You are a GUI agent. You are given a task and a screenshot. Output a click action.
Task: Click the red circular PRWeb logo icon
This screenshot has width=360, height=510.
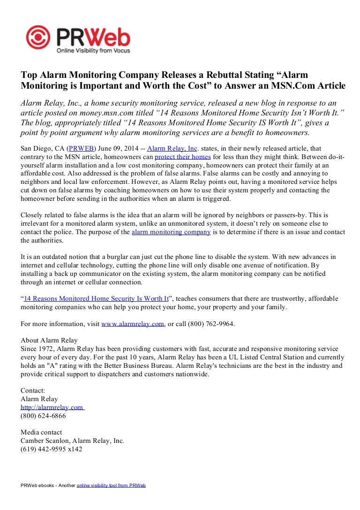pyautogui.click(x=38, y=38)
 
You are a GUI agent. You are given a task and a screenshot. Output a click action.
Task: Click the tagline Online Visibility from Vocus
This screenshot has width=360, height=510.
pyautogui.click(x=93, y=50)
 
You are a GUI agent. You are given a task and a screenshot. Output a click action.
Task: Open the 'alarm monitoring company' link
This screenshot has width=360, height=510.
pyautogui.click(x=171, y=232)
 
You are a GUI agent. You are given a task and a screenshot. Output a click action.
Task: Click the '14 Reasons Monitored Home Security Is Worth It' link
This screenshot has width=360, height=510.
pyautogui.click(x=97, y=298)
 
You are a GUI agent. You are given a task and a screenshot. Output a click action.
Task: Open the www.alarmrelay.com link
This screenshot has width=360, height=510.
pyautogui.click(x=133, y=324)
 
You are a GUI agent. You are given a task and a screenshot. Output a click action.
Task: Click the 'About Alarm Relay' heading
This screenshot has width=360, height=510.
pyautogui.click(x=49, y=340)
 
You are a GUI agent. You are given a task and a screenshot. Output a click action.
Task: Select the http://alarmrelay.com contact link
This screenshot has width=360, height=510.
pyautogui.click(x=52, y=407)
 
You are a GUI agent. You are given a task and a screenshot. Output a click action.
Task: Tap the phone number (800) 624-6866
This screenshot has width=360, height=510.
pyautogui.click(x=43, y=416)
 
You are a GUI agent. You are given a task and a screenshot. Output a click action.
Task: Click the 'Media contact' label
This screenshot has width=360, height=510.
pyautogui.click(x=41, y=432)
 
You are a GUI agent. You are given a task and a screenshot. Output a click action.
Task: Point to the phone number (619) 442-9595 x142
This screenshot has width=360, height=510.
pyautogui.click(x=52, y=449)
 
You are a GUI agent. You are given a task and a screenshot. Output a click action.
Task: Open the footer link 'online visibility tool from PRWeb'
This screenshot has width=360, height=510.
pyautogui.click(x=111, y=485)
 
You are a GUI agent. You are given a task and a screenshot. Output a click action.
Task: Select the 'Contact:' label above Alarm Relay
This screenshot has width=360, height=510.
pyautogui.click(x=33, y=390)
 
